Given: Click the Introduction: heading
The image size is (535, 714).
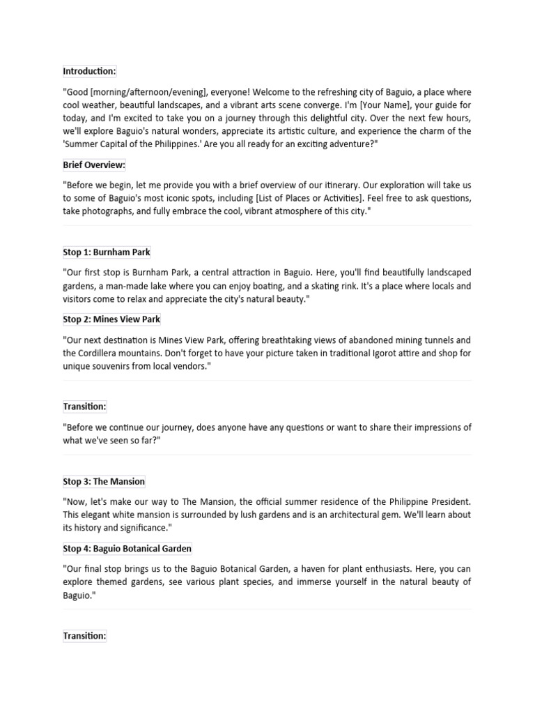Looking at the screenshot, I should pos(89,71).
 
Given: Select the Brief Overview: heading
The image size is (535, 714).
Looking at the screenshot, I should pos(94,165).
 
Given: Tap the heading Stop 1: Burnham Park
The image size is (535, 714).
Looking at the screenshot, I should pos(107,252).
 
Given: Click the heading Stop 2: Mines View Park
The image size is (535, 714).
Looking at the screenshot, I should pos(111,319).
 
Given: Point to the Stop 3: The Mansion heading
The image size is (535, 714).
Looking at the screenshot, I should pos(104,481).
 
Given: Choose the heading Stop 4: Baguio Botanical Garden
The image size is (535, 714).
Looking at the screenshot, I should pos(127,549).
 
